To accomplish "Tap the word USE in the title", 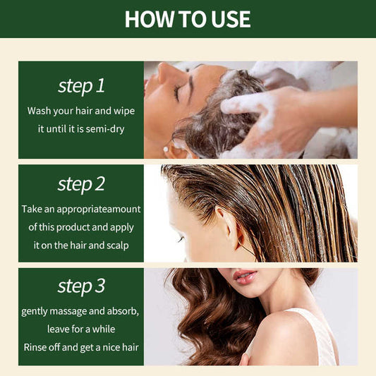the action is (231, 19).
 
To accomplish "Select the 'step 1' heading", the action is (81, 86).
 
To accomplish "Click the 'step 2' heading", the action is (81, 184).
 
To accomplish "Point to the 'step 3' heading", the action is (81, 286).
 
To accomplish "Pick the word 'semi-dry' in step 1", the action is (105, 129).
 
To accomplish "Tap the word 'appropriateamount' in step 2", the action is (99, 210).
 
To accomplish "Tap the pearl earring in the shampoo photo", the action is (166, 150).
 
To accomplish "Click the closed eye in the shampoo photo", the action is (178, 93).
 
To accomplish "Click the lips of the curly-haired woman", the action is (245, 277).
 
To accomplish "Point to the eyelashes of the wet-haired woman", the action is (181, 239).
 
